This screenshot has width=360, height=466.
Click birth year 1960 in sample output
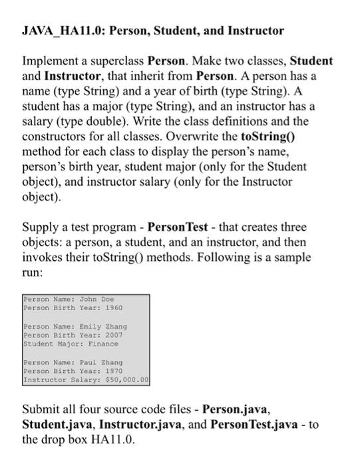point(111,308)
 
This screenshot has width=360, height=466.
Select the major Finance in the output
point(101,344)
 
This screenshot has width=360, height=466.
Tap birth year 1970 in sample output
point(111,371)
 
